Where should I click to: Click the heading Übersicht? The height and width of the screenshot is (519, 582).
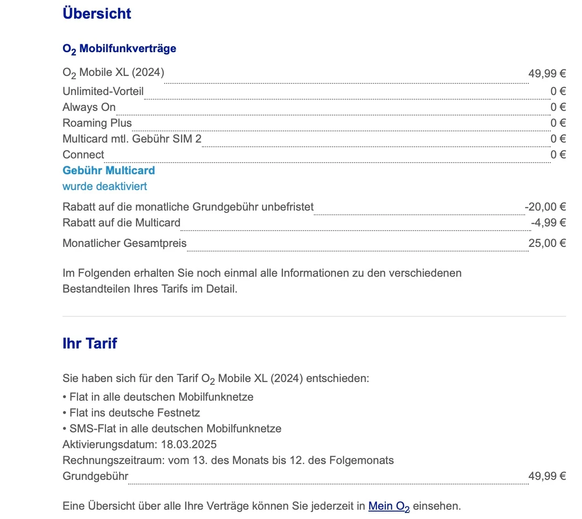pyautogui.click(x=97, y=14)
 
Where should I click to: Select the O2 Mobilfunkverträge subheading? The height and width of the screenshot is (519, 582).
pyautogui.click(x=119, y=49)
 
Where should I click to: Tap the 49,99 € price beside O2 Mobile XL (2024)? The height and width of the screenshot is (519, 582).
pyautogui.click(x=547, y=74)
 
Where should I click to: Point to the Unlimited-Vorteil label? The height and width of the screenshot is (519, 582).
pyautogui.click(x=103, y=91)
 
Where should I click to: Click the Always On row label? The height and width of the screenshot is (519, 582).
pyautogui.click(x=89, y=107)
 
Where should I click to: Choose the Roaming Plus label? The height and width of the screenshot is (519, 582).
pyautogui.click(x=97, y=123)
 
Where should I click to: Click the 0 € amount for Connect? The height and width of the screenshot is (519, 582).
pyautogui.click(x=558, y=155)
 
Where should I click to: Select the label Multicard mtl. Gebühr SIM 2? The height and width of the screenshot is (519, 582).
pyautogui.click(x=132, y=139)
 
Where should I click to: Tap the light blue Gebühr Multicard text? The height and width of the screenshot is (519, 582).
pyautogui.click(x=109, y=171)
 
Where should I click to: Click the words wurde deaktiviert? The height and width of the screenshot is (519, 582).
pyautogui.click(x=105, y=186)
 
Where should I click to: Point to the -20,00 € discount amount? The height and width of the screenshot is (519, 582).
pyautogui.click(x=545, y=207)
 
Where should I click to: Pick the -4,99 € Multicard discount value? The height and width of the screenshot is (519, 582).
pyautogui.click(x=548, y=223)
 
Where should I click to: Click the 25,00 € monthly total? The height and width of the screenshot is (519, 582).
pyautogui.click(x=547, y=243)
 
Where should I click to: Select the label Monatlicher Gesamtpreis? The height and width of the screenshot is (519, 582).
pyautogui.click(x=125, y=243)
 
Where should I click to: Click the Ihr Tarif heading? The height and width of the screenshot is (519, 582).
pyautogui.click(x=90, y=343)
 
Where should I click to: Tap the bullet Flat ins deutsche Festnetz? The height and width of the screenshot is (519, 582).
pyautogui.click(x=134, y=413)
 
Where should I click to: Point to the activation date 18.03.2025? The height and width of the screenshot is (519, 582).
pyautogui.click(x=189, y=444)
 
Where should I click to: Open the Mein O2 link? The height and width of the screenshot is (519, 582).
pyautogui.click(x=389, y=506)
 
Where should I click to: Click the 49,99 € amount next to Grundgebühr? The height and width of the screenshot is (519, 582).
pyautogui.click(x=547, y=476)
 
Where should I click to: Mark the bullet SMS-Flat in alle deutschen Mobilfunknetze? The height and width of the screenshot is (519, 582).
pyautogui.click(x=175, y=429)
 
